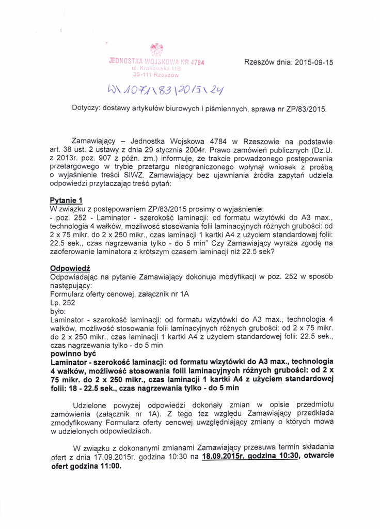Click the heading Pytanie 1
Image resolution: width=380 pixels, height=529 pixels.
[66, 200]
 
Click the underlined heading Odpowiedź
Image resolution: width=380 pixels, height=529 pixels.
[70, 268]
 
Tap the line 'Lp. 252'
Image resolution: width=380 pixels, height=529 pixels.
[62, 303]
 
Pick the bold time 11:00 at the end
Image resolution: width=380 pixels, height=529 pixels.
[109, 465]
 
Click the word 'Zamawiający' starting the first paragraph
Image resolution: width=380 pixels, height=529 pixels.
[94, 141]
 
